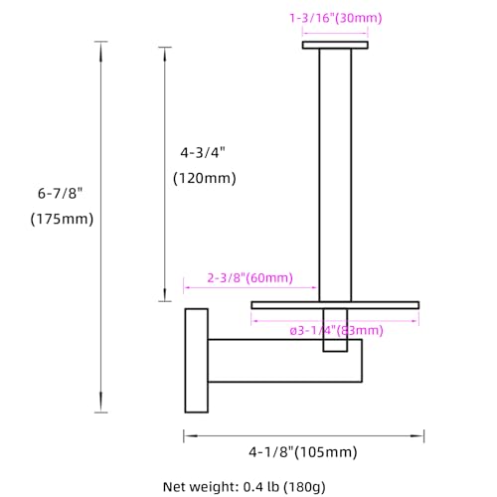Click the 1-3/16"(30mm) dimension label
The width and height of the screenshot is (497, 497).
pyautogui.click(x=336, y=18)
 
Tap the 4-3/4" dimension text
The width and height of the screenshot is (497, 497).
pyautogui.click(x=203, y=153)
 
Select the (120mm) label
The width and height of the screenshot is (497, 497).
pyautogui.click(x=205, y=178)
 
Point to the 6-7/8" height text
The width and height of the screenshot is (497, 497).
pyautogui.click(x=60, y=193)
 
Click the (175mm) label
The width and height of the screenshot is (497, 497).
pyautogui.click(x=62, y=219)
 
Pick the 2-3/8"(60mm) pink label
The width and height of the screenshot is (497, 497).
pyautogui.click(x=250, y=277)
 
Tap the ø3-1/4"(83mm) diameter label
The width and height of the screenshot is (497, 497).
pyautogui.click(x=336, y=330)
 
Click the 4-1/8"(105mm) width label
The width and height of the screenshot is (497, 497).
pyautogui.click(x=303, y=452)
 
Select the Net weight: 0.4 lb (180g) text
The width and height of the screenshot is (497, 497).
pyautogui.click(x=245, y=487)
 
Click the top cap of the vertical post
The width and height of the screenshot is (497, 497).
pyautogui.click(x=335, y=45)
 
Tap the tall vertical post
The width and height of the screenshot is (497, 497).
pyautogui.click(x=335, y=175)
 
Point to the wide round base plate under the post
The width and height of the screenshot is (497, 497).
pyautogui.click(x=335, y=305)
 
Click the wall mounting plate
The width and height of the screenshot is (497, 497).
pyautogui.click(x=197, y=361)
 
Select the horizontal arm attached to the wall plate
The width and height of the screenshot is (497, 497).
pyautogui.click(x=284, y=361)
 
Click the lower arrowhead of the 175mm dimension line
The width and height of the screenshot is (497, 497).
pyautogui.click(x=101, y=402)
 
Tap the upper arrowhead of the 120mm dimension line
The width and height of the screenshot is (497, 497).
pyautogui.click(x=165, y=56)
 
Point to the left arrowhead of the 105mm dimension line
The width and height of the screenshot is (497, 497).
pyautogui.click(x=192, y=435)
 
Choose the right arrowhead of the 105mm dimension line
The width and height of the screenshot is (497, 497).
pyautogui.click(x=416, y=435)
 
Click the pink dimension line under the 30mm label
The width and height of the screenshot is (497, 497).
pyautogui.click(x=335, y=33)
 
